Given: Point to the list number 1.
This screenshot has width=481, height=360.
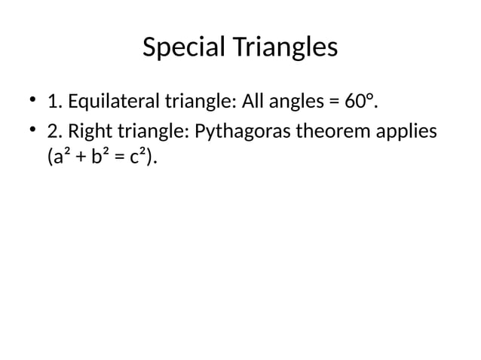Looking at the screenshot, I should coord(54,100).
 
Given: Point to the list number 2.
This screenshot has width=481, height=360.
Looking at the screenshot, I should coord(54,133).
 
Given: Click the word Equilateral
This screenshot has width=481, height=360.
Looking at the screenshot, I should coord(114,100).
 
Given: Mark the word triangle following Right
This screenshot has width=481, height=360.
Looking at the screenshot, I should coord(149,133).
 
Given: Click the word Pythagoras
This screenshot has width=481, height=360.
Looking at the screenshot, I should coord(241,133).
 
